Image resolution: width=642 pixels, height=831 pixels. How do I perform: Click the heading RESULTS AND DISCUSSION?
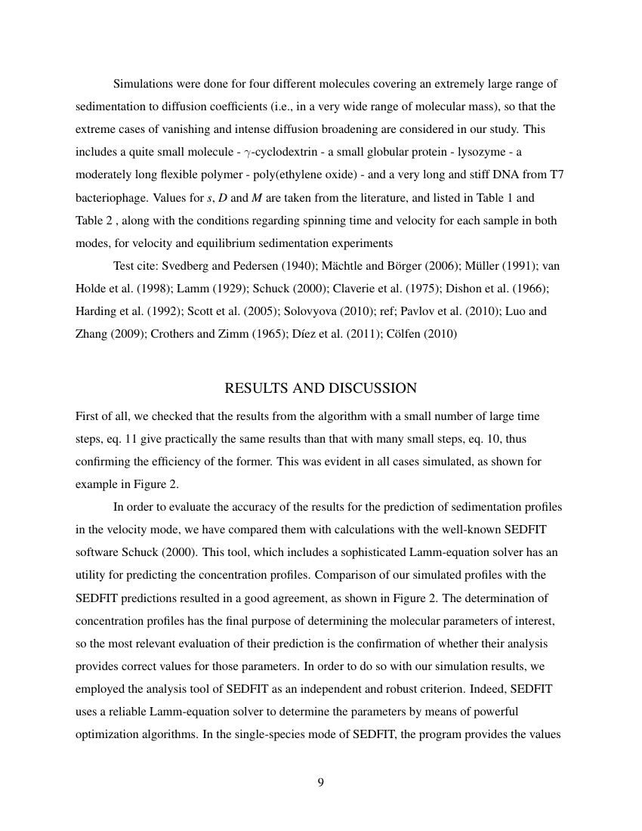pos(320,388)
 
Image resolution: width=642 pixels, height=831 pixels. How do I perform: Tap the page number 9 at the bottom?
pos(320,782)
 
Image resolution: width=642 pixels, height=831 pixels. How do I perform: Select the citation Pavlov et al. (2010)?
pos(438,311)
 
